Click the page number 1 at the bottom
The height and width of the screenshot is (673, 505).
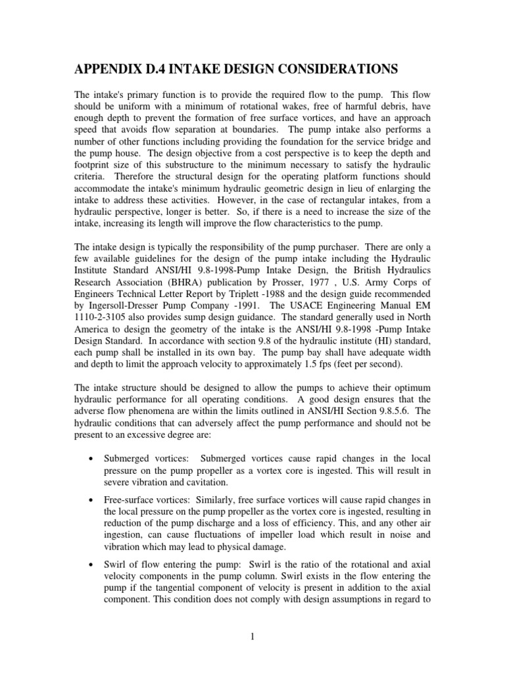(252, 637)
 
